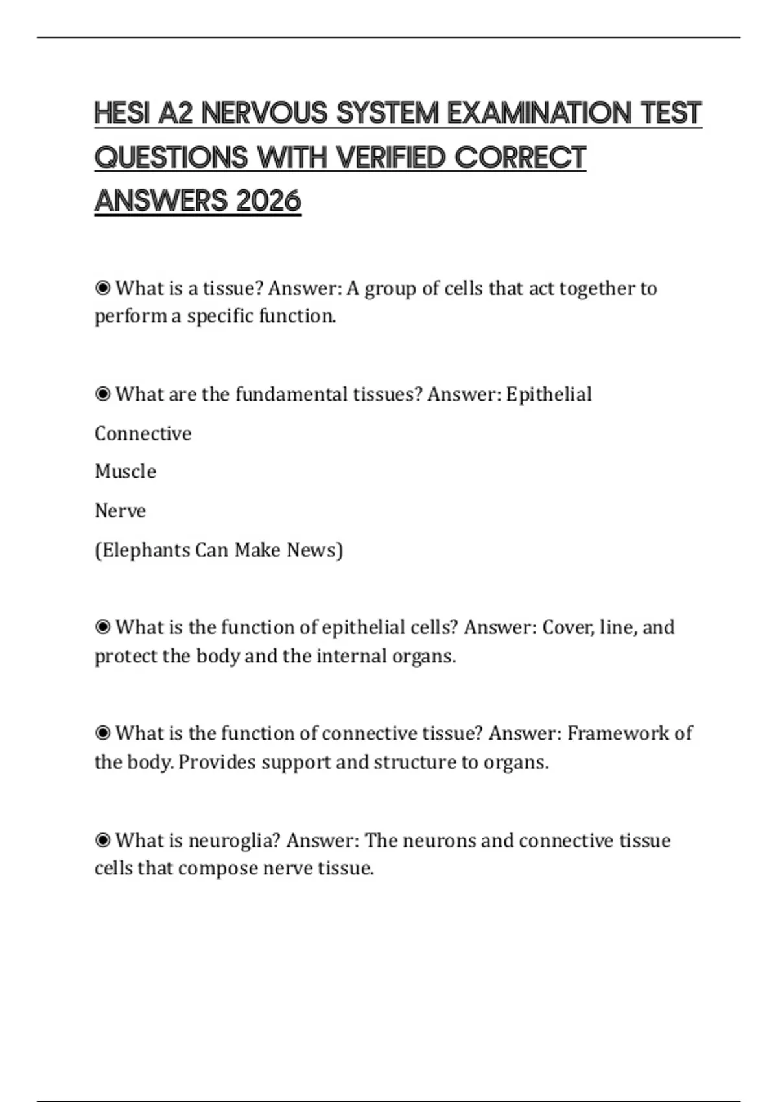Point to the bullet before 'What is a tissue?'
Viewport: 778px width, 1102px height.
[102, 288]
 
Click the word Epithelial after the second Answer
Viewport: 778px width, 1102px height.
[548, 394]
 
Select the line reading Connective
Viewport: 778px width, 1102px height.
[143, 433]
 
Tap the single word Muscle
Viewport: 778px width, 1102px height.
[125, 471]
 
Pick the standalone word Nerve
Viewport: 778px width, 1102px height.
[120, 511]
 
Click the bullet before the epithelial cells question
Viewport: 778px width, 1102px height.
[102, 627]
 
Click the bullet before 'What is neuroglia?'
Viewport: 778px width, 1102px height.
[102, 840]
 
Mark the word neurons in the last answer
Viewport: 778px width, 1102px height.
[439, 840]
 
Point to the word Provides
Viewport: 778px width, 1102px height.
[217, 762]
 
